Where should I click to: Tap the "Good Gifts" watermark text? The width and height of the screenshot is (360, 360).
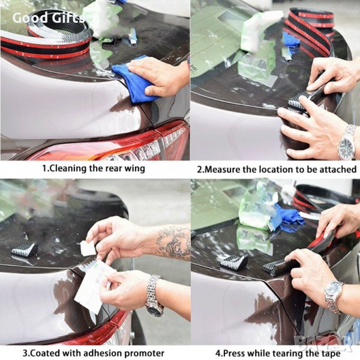(49, 18)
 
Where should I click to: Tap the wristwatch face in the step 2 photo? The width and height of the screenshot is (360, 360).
(346, 146)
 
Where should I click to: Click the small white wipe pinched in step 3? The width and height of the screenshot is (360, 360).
(88, 248)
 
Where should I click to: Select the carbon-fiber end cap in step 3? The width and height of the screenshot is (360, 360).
(25, 250)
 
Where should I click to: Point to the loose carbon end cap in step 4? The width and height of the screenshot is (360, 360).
(234, 261)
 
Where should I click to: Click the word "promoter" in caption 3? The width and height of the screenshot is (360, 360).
(143, 353)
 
